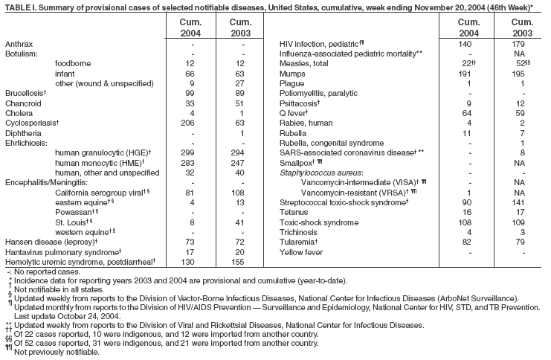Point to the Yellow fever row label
(301, 252)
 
